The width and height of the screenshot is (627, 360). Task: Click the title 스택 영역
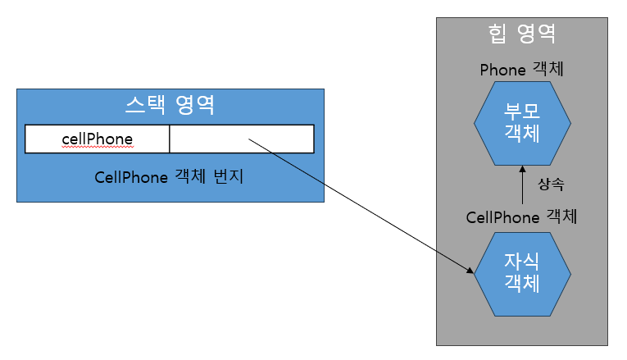[170, 104]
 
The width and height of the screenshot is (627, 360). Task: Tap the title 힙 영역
[522, 34]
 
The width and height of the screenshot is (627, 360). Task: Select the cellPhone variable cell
[98, 139]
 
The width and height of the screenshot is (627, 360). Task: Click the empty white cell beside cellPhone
[242, 139]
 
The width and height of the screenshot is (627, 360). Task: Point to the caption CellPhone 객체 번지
[169, 176]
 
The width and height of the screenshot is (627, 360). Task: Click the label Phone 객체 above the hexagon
[521, 70]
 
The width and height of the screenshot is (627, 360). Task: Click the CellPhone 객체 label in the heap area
[521, 217]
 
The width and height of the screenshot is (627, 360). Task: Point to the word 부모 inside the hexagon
[522, 112]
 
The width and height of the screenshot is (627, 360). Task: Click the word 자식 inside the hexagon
[522, 263]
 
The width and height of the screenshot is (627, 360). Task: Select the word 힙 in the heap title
[497, 34]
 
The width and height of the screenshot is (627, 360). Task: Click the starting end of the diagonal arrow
[249, 140]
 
